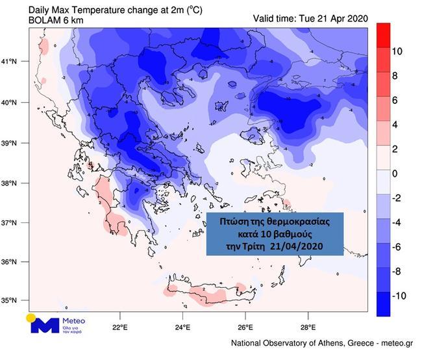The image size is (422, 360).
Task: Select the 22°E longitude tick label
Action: tap(119, 327)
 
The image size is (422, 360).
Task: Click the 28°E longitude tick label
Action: tap(308, 327)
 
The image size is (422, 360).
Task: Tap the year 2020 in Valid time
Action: tap(356, 17)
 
